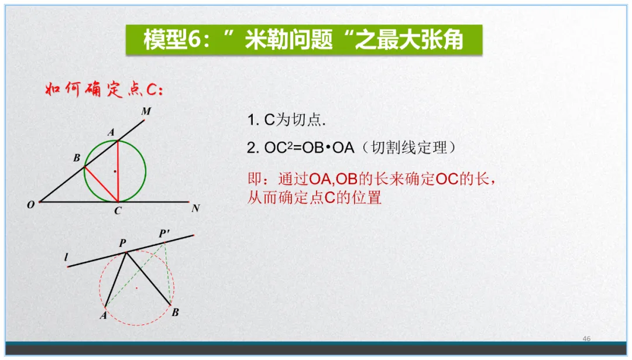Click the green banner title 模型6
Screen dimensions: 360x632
click(304, 40)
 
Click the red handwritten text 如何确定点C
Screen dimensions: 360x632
click(104, 91)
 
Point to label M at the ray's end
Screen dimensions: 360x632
click(146, 111)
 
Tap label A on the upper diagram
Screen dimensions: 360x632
click(111, 133)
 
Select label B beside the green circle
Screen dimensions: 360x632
click(77, 158)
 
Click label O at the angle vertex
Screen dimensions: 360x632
click(30, 205)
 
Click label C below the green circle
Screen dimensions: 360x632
click(118, 211)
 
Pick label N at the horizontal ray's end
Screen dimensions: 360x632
click(195, 208)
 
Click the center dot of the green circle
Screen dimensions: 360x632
click(115, 171)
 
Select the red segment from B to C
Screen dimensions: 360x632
click(101, 184)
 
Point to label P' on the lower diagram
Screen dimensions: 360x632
click(164, 234)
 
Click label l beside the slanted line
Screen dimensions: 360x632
click(66, 257)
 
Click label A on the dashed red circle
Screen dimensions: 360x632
click(103, 316)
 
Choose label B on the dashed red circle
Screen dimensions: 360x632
click(175, 313)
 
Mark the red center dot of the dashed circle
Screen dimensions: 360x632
click(136, 288)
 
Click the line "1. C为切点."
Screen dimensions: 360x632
click(287, 121)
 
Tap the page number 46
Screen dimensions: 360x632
click(587, 339)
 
